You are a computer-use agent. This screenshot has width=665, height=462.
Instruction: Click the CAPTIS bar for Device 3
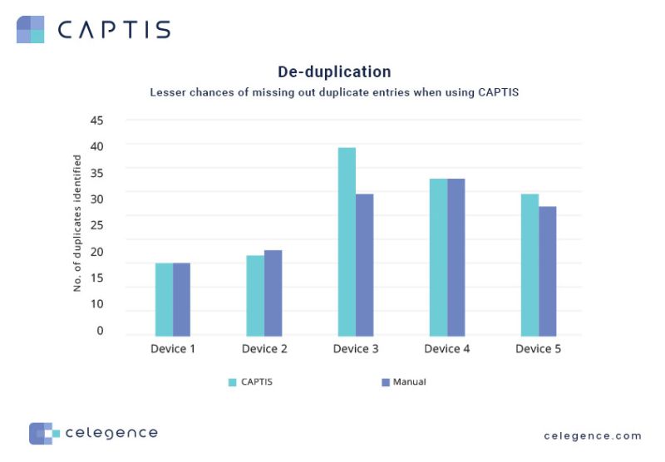(x=347, y=242)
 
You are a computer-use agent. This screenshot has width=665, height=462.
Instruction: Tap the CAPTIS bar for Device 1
(x=164, y=299)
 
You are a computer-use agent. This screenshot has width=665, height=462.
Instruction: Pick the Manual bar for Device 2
(x=273, y=292)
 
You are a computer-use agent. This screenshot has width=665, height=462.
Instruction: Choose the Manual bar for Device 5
(x=547, y=271)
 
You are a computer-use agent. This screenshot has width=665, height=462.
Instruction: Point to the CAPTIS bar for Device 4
(x=438, y=257)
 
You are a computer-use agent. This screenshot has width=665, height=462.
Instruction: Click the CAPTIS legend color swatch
(x=233, y=382)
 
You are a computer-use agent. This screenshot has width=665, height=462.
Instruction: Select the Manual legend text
(x=409, y=382)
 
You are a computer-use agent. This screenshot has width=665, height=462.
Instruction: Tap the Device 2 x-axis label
(x=264, y=349)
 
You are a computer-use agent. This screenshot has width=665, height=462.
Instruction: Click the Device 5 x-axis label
(x=538, y=349)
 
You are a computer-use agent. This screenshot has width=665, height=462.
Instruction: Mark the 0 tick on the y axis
(x=100, y=331)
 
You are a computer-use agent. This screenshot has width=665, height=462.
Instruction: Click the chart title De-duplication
(x=334, y=72)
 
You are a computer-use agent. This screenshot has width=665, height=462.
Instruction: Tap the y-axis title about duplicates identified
(x=77, y=223)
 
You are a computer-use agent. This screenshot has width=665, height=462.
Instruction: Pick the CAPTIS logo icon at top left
(x=30, y=29)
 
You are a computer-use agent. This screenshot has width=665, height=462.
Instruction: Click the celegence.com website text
(x=593, y=435)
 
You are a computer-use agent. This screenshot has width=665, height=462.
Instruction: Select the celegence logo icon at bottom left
(x=44, y=433)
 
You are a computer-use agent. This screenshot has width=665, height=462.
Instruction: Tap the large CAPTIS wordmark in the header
(x=114, y=30)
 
